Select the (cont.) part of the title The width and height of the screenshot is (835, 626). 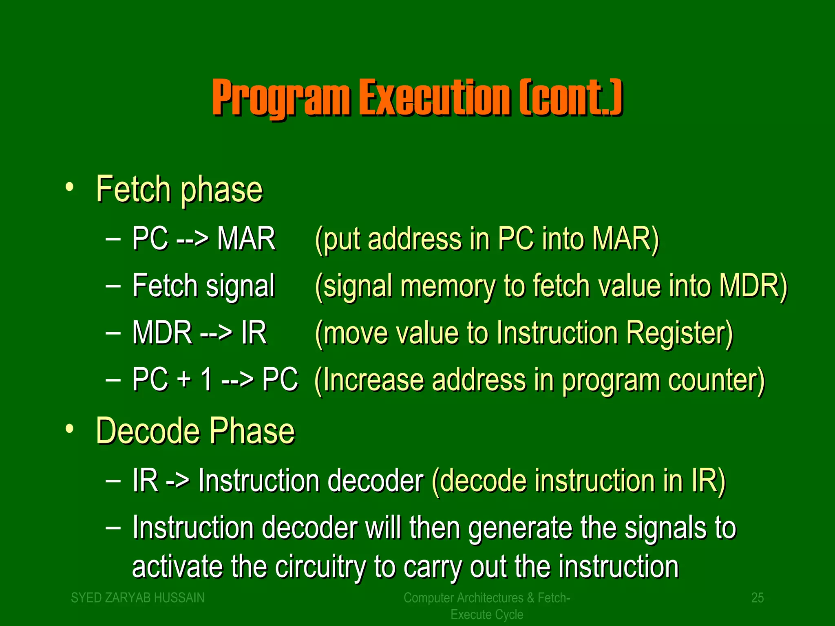click(571, 98)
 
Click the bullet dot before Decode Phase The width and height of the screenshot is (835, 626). click(70, 429)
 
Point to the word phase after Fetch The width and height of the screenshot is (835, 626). click(221, 190)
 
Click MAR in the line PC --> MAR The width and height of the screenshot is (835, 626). click(246, 239)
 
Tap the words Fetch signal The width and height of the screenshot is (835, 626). click(203, 286)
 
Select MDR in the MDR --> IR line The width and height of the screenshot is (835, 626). click(162, 333)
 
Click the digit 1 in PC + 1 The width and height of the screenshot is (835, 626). click(207, 379)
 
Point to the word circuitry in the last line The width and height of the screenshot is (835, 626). click(320, 567)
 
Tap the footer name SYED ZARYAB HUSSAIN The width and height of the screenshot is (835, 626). click(138, 598)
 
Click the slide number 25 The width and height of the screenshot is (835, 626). click(757, 598)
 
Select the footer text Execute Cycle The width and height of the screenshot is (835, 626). click(486, 614)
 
